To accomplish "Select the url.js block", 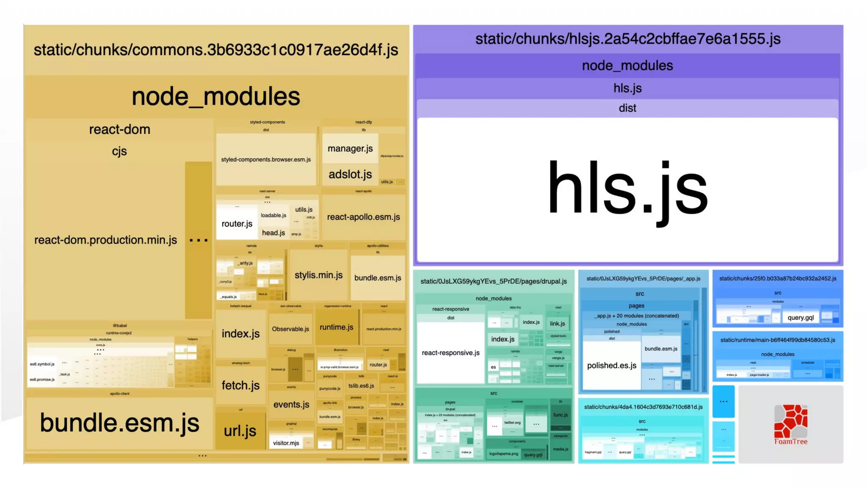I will pos(240,430).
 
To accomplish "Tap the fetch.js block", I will pos(240,385).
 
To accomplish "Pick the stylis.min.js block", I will pos(318,275).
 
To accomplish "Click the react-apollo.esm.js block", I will pos(363,217).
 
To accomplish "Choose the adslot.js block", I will pos(350,174).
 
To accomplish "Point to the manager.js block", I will pos(350,148).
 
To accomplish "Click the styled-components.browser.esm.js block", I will pos(266,160).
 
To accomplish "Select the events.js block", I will pos(291,404).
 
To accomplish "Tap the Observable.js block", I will pos(290,329).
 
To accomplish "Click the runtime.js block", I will pos(336,327).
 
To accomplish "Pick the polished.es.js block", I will pos(611,365).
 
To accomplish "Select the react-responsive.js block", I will pos(450,352).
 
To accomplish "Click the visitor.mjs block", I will pos(286,443).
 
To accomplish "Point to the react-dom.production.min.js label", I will pos(105,240).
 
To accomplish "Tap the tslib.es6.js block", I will pos(361,385).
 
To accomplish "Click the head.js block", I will pos(273,233).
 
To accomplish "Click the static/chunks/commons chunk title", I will pos(216,50).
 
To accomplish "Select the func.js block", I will pos(560,415).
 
